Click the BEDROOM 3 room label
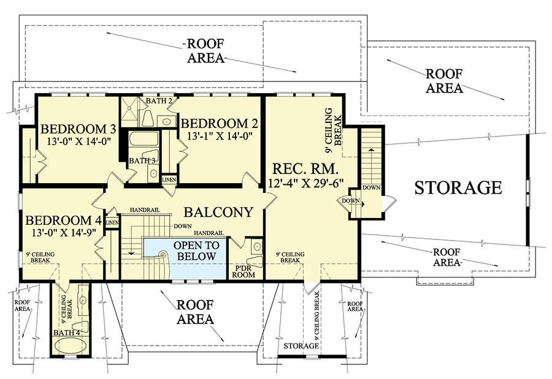[x=78, y=130]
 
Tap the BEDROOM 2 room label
[x=216, y=122]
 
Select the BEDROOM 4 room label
[x=63, y=220]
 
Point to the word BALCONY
[x=219, y=212]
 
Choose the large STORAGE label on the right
[x=458, y=187]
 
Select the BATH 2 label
[x=158, y=100]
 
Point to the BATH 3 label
[x=142, y=160]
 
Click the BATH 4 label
[x=66, y=333]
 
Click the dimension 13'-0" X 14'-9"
[x=63, y=233]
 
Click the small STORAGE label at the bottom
[x=301, y=347]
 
